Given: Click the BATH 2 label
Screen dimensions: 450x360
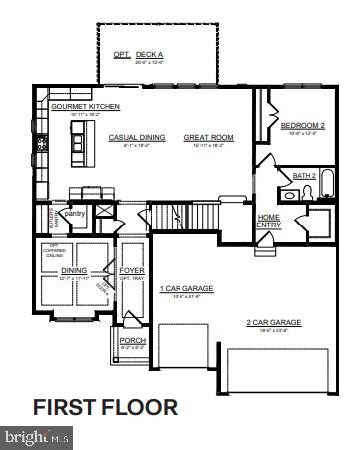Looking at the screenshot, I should click(304, 175).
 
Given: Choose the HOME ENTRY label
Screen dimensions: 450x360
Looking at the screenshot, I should click(269, 220).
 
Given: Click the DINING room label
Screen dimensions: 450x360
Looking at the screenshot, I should click(74, 269).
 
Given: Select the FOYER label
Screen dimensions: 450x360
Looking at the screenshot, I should click(131, 270).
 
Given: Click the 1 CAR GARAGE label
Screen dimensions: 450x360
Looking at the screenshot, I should click(186, 289).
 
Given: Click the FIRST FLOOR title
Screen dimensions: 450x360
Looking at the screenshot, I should click(105, 407).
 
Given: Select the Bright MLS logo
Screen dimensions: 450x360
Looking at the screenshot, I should click(38, 437).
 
